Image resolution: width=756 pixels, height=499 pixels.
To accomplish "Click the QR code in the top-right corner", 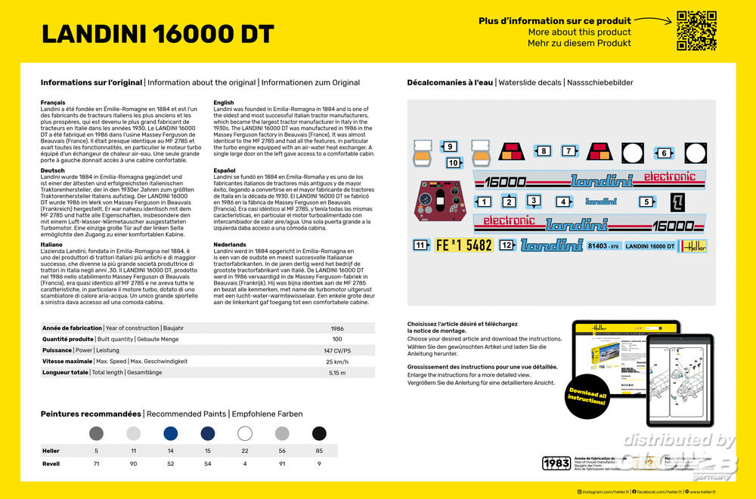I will point(696,31).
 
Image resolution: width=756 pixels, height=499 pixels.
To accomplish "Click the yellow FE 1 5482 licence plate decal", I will point(463,245).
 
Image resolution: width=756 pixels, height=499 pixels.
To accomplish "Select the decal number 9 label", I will point(449,147).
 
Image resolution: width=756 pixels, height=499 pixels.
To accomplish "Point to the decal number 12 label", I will point(507,245).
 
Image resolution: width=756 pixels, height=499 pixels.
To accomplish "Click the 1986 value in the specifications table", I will point(337,328).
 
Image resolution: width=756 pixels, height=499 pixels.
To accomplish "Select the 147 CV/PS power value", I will point(337,351).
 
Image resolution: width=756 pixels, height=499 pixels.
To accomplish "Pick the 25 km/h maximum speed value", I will point(337,362).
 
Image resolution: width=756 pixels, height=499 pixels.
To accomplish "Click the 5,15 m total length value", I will point(337,373).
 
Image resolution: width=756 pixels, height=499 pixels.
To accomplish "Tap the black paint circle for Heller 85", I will point(319,433).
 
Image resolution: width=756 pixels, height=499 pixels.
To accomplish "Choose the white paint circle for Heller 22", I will point(245,433).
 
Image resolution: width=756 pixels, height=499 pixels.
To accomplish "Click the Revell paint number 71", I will point(96,464).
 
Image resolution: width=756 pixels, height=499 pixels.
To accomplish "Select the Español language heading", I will point(225,171).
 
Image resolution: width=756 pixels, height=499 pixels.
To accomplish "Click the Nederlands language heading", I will point(231,245).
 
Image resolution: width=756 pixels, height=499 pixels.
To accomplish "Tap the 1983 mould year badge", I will point(556,463).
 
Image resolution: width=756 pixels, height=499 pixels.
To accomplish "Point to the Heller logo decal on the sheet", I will point(692,246).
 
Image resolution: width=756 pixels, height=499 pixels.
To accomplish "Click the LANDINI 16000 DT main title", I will point(157,34).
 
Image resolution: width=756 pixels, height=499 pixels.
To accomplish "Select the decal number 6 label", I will point(664,153).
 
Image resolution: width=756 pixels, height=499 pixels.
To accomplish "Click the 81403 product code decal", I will point(603,246).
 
